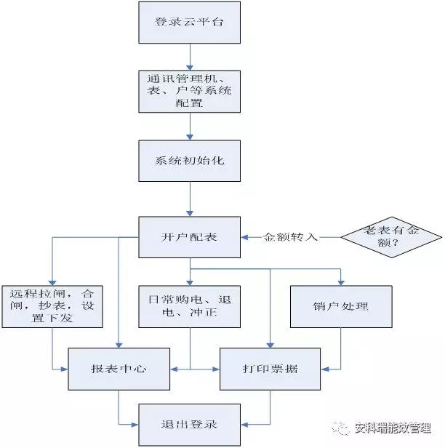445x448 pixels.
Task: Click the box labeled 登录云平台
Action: point(189,22)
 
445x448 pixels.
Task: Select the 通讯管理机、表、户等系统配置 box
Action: point(189,91)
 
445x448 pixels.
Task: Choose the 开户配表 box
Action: point(189,238)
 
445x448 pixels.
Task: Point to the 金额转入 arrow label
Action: point(291,238)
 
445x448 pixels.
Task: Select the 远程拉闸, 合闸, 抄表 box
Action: point(53,306)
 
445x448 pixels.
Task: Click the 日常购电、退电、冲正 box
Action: point(189,306)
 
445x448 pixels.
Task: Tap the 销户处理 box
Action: point(340,306)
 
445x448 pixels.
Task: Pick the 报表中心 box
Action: point(119,369)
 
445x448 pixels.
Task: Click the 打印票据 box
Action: point(270,369)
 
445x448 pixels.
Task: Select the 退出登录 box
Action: point(189,424)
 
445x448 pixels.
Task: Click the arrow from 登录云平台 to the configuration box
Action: point(189,57)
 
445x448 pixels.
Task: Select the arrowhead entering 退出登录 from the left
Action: point(135,424)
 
